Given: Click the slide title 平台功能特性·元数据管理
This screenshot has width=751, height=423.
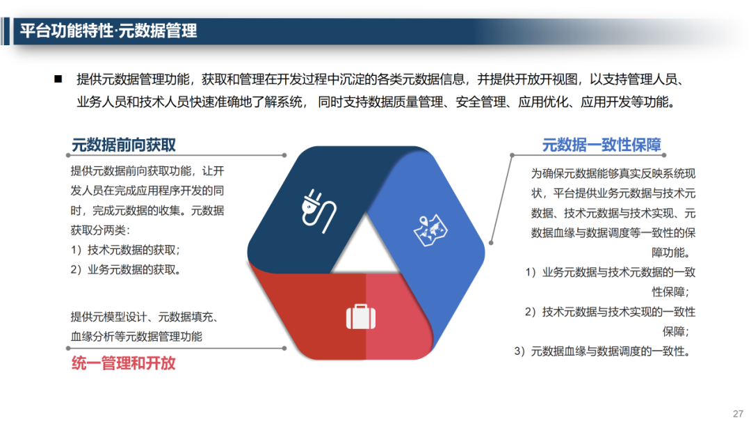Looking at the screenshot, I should [108, 31].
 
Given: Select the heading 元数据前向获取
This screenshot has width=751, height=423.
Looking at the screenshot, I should [124, 145].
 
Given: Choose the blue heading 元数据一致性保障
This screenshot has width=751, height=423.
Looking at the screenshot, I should [601, 145].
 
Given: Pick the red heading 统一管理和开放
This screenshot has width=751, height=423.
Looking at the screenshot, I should [124, 362].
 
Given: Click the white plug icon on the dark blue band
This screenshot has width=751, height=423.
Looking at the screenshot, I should [317, 207].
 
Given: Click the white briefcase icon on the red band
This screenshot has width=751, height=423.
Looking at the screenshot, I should [361, 317].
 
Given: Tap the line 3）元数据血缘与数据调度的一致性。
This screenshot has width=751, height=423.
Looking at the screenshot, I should [604, 351].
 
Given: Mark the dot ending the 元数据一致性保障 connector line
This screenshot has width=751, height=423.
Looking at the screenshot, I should [491, 243].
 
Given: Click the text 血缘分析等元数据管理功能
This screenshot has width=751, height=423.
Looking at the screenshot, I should [136, 337].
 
